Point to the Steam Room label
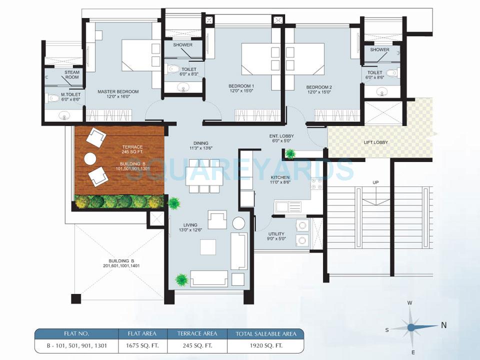72,74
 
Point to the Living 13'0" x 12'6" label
190,228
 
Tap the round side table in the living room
238,223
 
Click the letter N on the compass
443,325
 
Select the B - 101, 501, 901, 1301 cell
75,344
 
